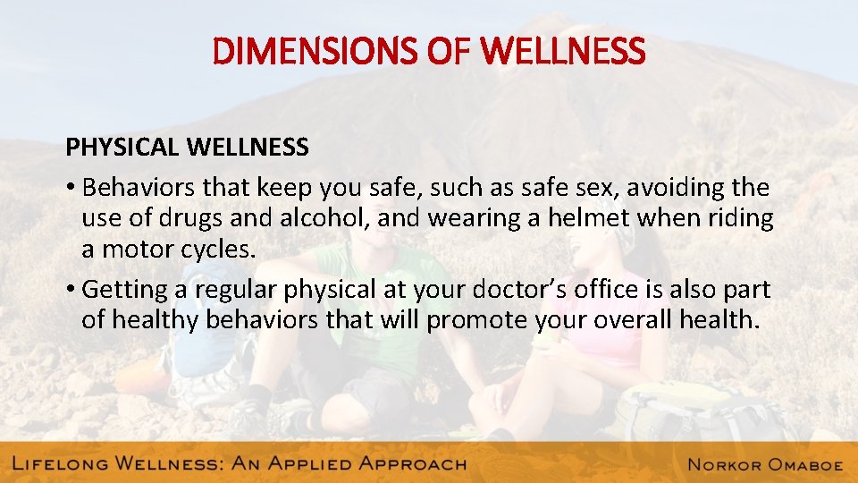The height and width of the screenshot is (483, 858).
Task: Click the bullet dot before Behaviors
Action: point(70,189)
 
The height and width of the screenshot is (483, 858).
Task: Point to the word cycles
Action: point(219,250)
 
